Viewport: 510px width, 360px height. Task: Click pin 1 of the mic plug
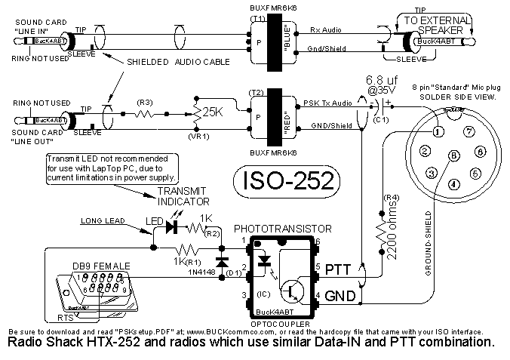(438, 131)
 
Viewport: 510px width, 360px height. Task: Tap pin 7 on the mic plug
(469, 131)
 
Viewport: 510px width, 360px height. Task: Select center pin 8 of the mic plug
(453, 156)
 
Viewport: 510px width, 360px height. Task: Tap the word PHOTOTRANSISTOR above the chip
(282, 227)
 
